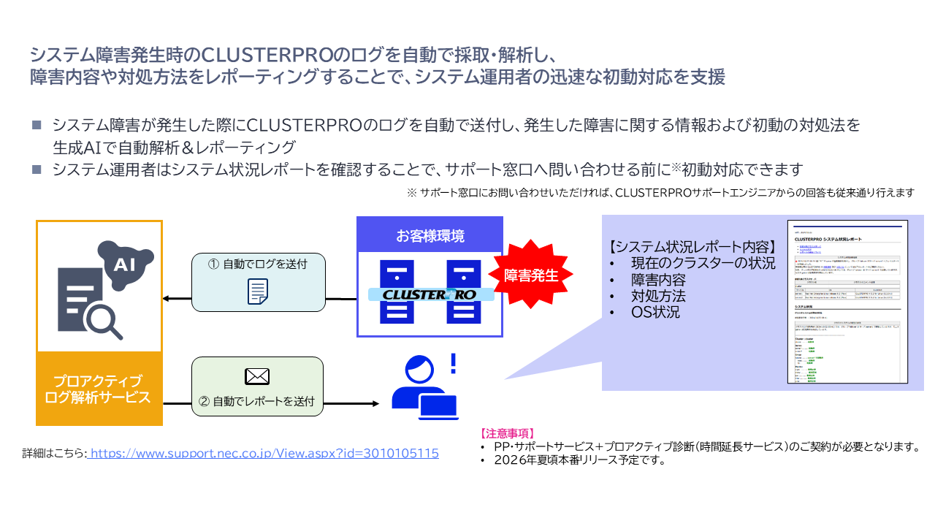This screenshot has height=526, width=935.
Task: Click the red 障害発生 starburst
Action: coord(531,275)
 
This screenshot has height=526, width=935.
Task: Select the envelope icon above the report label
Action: coord(256,376)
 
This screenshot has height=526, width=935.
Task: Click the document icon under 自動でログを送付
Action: coord(257,291)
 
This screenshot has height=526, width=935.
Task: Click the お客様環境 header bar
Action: coord(430,236)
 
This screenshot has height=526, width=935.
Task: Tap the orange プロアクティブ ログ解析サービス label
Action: coord(99,389)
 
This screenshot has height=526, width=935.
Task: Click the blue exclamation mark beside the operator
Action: coord(453,362)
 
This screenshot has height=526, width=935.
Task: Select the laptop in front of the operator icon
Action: coord(438,408)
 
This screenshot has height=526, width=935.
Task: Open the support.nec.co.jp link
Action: coord(264,453)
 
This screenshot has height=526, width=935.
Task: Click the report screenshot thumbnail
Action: coord(847,301)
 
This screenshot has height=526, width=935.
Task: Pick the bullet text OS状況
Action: coord(655,313)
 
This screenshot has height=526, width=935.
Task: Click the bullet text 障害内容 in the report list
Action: coord(658,280)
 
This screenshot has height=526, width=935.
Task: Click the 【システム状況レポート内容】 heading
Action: coord(692,246)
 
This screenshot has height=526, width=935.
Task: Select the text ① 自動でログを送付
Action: coord(256,264)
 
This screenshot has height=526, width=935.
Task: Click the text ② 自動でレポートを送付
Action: coord(256,400)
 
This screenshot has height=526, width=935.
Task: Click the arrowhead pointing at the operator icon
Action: coord(375,403)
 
